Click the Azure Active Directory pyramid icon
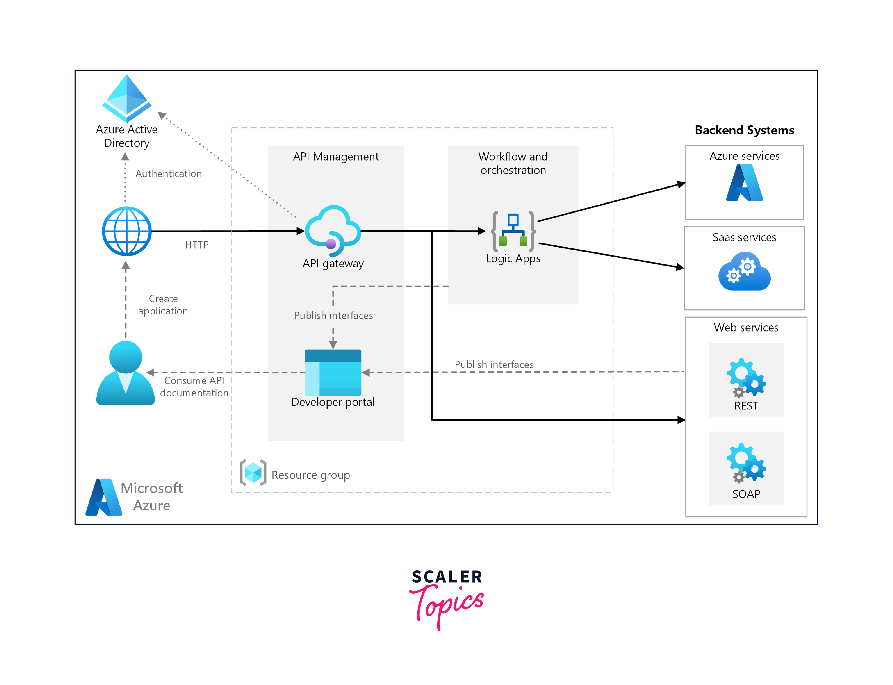(x=127, y=98)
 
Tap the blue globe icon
(x=127, y=231)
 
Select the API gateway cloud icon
(x=333, y=230)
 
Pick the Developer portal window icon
(x=333, y=372)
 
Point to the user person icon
(x=125, y=373)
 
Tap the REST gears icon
(x=746, y=377)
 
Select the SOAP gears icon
(x=746, y=463)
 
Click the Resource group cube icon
(x=253, y=473)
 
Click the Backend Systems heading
(x=744, y=130)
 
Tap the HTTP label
(x=197, y=245)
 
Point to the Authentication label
(x=168, y=174)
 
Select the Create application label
(x=163, y=305)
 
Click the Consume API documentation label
(x=194, y=387)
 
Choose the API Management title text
(x=336, y=157)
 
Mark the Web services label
(x=746, y=328)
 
